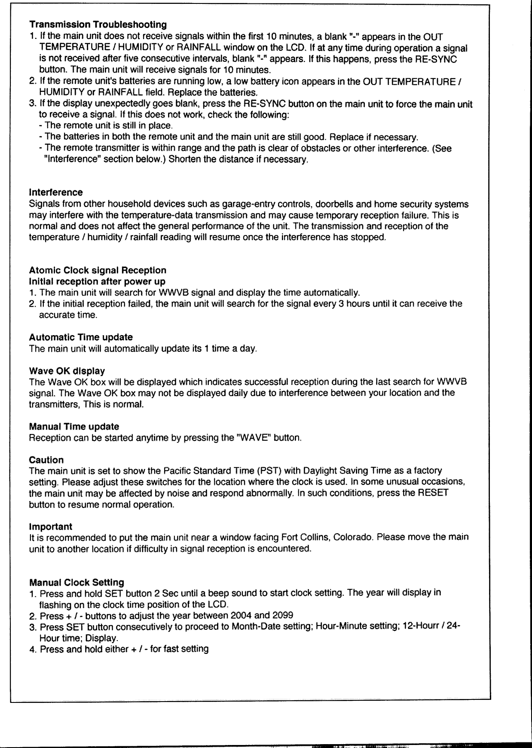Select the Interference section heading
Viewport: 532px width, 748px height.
point(56,192)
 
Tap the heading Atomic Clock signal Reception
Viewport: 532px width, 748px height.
point(98,270)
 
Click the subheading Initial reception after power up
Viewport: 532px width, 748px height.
point(97,281)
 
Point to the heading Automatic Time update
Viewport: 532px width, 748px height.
point(81,337)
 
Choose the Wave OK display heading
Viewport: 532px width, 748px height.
point(67,370)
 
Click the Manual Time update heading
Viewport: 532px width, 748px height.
point(74,427)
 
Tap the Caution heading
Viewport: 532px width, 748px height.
point(46,460)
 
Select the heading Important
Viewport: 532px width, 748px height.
point(50,526)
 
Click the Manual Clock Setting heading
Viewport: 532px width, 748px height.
point(76,583)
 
